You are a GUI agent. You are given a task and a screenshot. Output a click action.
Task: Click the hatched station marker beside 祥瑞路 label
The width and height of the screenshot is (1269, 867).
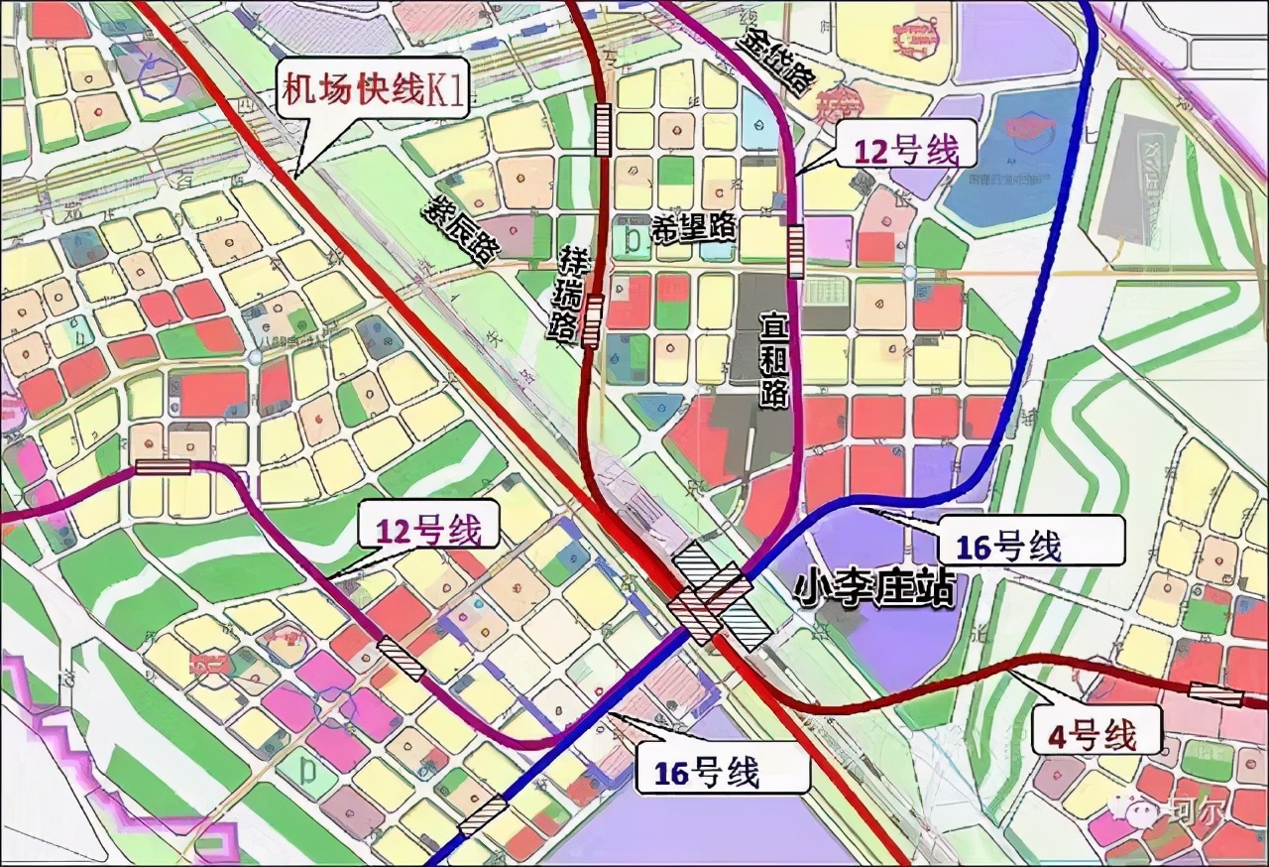click(593, 320)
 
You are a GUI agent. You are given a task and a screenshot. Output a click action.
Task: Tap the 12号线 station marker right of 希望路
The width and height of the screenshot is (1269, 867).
click(795, 251)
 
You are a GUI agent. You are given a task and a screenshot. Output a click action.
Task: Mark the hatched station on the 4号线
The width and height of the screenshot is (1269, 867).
click(1215, 695)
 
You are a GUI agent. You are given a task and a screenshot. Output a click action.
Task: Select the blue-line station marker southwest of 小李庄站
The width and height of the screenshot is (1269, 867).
click(483, 814)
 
